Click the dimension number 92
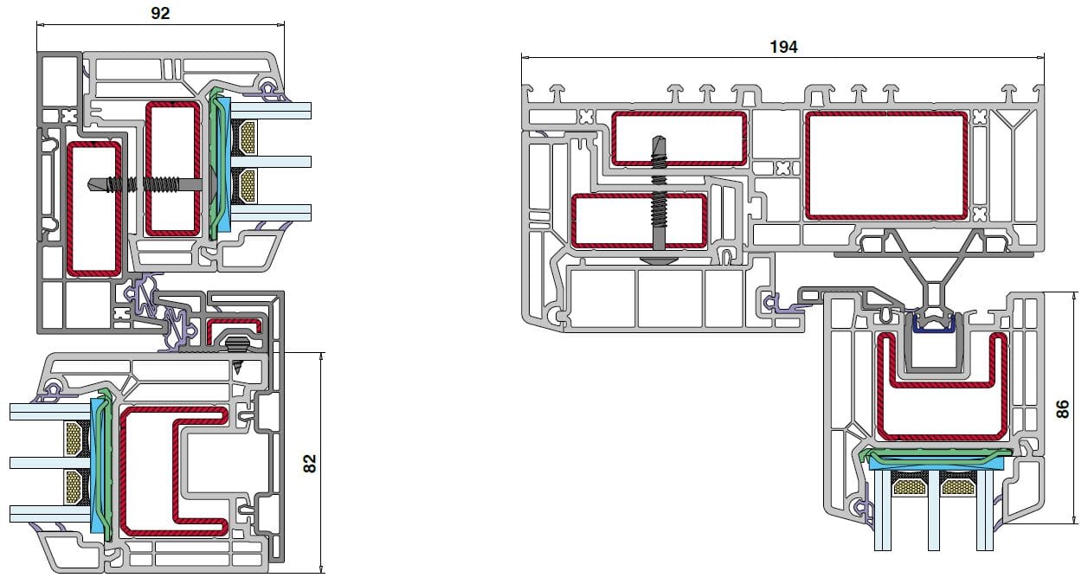[159, 13]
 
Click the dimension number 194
[783, 47]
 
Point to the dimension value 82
[310, 463]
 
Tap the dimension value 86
[1063, 408]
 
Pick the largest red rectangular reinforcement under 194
[886, 165]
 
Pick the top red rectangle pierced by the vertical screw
[679, 138]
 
